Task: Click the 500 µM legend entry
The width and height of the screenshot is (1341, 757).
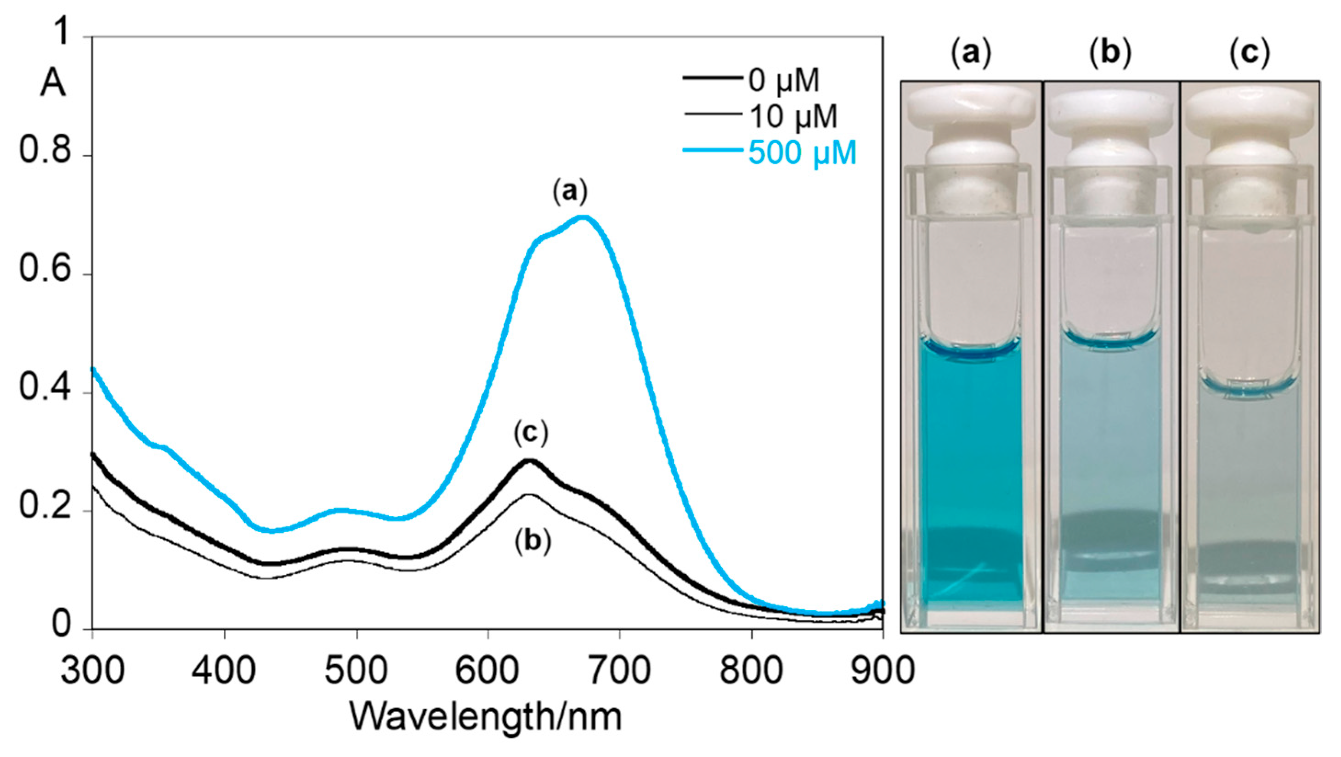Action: [x=802, y=153]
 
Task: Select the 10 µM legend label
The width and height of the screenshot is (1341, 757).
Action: [x=793, y=116]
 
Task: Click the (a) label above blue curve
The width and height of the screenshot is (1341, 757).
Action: [x=570, y=192]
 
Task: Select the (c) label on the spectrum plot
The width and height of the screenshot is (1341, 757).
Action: [x=531, y=433]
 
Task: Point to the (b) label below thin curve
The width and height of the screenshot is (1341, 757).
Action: [x=532, y=542]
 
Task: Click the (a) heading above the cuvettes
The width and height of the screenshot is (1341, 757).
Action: [x=971, y=54]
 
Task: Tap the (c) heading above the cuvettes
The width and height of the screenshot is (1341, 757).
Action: [x=1250, y=54]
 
